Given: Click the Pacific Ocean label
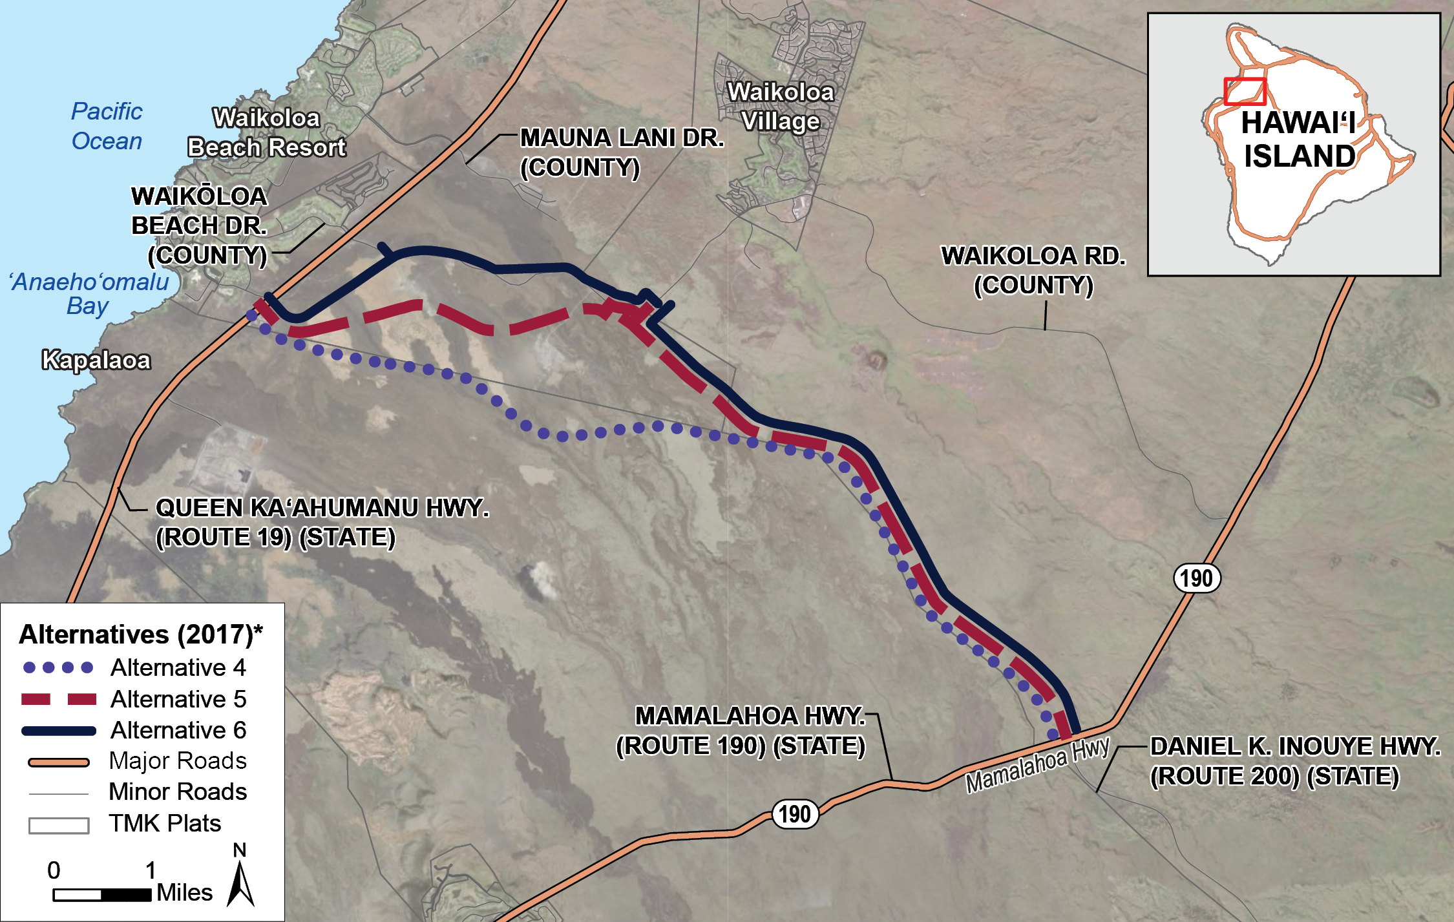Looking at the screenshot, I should pyautogui.click(x=107, y=126).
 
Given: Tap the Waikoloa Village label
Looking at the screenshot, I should pyautogui.click(x=781, y=107).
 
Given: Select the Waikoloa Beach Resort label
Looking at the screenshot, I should pyautogui.click(x=266, y=133).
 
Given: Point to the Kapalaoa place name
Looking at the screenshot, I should pyautogui.click(x=96, y=360).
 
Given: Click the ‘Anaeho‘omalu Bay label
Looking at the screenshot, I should pyautogui.click(x=89, y=293).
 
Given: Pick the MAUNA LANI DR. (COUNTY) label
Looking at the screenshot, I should pyautogui.click(x=622, y=152).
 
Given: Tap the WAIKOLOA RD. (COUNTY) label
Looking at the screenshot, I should pyautogui.click(x=1033, y=270).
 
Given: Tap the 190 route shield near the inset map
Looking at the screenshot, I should pyautogui.click(x=1197, y=578).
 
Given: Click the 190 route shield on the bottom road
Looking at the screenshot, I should pyautogui.click(x=795, y=815).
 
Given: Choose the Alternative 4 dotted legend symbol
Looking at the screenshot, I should pyautogui.click(x=58, y=667).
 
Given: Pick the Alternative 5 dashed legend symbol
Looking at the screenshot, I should pyautogui.click(x=58, y=699).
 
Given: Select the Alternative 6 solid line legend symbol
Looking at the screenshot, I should pyautogui.click(x=58, y=731).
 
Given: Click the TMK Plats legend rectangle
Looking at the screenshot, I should pyautogui.click(x=59, y=825).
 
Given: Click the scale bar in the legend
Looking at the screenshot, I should pyautogui.click(x=102, y=895).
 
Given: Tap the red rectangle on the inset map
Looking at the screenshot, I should pyautogui.click(x=1245, y=91).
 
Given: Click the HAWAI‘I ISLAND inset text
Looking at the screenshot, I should pyautogui.click(x=1299, y=140).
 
